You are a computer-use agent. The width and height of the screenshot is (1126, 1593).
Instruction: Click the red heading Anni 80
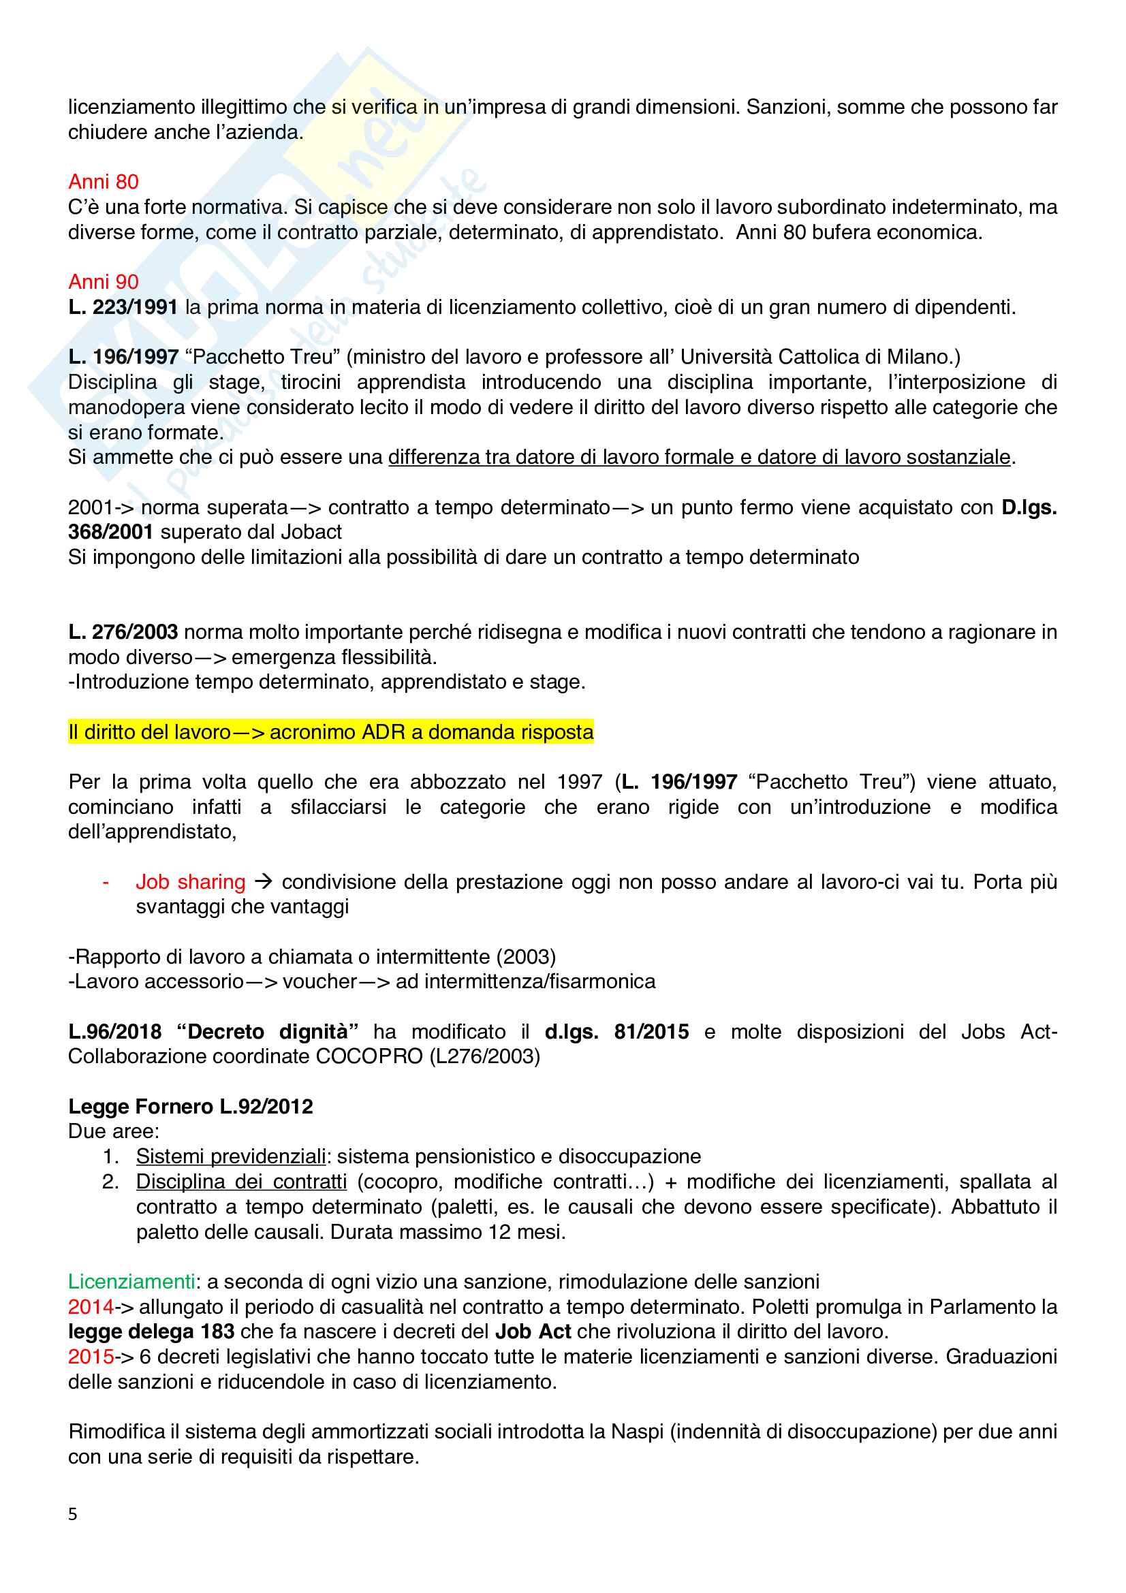[x=104, y=182]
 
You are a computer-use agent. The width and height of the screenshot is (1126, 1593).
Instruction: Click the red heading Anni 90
[x=104, y=282]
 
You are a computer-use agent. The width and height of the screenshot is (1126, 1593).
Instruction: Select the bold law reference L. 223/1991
[x=123, y=306]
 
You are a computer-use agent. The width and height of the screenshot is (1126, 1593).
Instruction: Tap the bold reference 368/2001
[x=110, y=531]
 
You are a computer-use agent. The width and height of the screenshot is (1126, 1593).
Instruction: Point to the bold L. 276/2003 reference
[x=123, y=631]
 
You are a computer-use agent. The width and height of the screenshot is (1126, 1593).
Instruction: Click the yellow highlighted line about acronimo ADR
[x=330, y=731]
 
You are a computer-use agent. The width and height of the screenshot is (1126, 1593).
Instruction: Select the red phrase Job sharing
[x=190, y=881]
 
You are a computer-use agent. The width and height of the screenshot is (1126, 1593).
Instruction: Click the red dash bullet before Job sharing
[x=106, y=882]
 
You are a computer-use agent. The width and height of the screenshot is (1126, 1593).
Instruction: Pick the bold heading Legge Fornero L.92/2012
[x=190, y=1106]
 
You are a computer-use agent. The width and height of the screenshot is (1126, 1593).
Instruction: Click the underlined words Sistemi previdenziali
[x=230, y=1156]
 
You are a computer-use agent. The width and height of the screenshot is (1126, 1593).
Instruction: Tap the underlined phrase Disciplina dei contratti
[x=240, y=1181]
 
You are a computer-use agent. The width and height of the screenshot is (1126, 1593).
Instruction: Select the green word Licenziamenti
[x=131, y=1281]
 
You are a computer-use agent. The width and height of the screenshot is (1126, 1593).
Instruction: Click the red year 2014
[x=90, y=1306]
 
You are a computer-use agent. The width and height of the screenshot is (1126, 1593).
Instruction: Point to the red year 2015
[x=90, y=1356]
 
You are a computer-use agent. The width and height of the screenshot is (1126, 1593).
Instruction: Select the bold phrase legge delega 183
[x=151, y=1331]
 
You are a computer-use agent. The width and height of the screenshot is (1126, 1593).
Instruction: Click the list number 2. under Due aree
[x=110, y=1181]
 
